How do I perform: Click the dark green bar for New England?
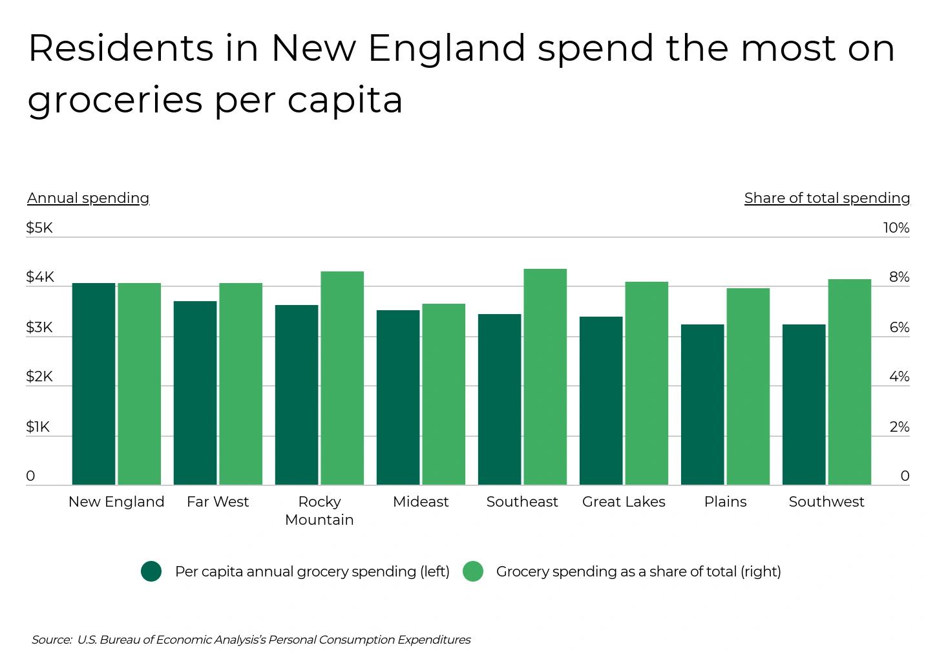tap(94, 384)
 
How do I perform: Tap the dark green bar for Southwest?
tap(804, 405)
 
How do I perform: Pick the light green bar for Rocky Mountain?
tap(342, 378)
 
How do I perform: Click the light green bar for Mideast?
tap(443, 394)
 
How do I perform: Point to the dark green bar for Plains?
tap(702, 405)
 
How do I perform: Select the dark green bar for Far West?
tap(195, 393)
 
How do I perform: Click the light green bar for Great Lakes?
tap(646, 383)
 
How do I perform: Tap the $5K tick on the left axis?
tap(39, 227)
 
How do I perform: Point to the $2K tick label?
tap(39, 376)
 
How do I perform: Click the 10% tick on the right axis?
tap(896, 227)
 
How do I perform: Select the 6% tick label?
tap(899, 327)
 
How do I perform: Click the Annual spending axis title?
tap(88, 198)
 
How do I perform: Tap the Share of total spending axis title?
tap(826, 198)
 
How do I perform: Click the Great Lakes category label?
tap(624, 501)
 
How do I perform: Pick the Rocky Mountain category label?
tap(319, 511)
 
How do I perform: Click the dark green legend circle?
tap(151, 571)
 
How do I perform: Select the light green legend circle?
tap(473, 571)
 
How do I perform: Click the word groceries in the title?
tap(115, 100)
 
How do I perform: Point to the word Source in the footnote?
tap(50, 640)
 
